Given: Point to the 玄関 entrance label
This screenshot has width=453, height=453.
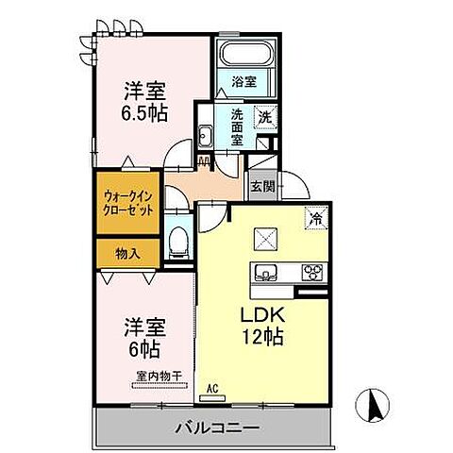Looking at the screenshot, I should pos(262,186).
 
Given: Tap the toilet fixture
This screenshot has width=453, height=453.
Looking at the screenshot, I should pos(176,242).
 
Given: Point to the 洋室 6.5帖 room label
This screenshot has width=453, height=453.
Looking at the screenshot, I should pos(145,103).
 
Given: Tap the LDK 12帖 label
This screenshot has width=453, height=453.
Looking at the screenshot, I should pos(261,324).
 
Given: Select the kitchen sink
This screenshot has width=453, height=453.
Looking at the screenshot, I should pos(266,273).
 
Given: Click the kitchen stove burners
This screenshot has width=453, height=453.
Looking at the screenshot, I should pos(310,273).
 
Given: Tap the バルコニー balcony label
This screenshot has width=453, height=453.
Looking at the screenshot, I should pos(217,428).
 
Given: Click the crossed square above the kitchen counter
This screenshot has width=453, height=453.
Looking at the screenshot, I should pos(266,238).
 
